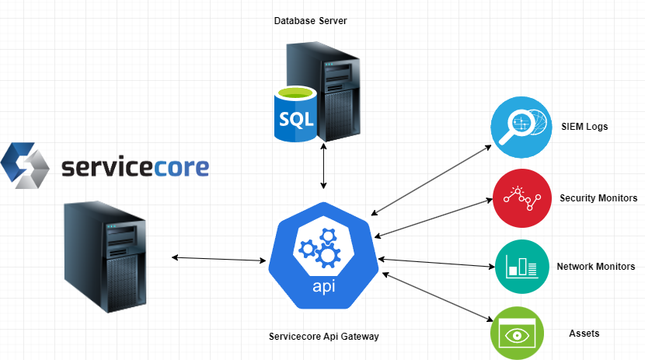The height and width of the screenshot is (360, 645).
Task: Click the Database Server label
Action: click(x=310, y=21)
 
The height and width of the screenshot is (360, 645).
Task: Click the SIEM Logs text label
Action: click(x=584, y=126)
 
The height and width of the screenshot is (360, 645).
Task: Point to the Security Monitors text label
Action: click(x=598, y=198)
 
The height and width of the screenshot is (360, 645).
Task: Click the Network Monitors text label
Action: click(x=595, y=266)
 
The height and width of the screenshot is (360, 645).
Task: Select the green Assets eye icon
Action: click(x=517, y=334)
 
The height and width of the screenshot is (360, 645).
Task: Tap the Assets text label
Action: click(x=584, y=334)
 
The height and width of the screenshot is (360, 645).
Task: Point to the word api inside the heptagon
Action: click(x=323, y=287)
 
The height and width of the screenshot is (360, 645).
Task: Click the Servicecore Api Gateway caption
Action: click(x=323, y=337)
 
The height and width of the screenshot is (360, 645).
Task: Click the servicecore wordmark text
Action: click(x=134, y=166)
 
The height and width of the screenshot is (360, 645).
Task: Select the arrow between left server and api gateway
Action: click(x=218, y=259)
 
